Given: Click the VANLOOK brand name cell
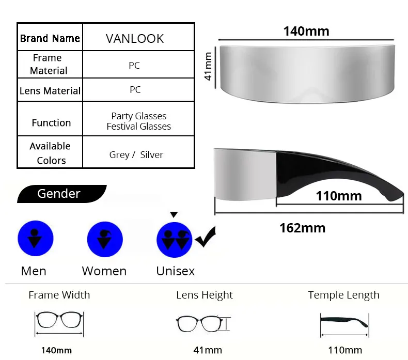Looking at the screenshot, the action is [x=135, y=39].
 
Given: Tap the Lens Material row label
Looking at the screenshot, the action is [x=50, y=90].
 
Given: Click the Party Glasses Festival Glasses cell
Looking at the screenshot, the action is [x=138, y=121].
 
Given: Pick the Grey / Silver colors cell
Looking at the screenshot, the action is [x=136, y=154].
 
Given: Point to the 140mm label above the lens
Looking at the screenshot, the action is [x=306, y=31].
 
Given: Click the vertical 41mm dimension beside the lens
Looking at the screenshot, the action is [x=209, y=66].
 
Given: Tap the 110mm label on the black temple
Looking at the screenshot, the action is [x=338, y=196].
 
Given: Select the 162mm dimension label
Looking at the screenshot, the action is [x=302, y=228].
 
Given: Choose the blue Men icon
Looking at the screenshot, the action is [x=35, y=238].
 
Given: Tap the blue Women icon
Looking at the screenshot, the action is [x=104, y=238].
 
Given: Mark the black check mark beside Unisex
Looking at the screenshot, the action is [x=206, y=238].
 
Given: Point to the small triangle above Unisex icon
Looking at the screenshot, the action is [x=174, y=214].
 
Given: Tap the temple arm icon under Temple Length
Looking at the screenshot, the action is [x=343, y=321].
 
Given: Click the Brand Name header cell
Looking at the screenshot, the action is [x=50, y=38].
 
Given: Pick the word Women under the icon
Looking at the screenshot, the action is [x=104, y=271].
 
